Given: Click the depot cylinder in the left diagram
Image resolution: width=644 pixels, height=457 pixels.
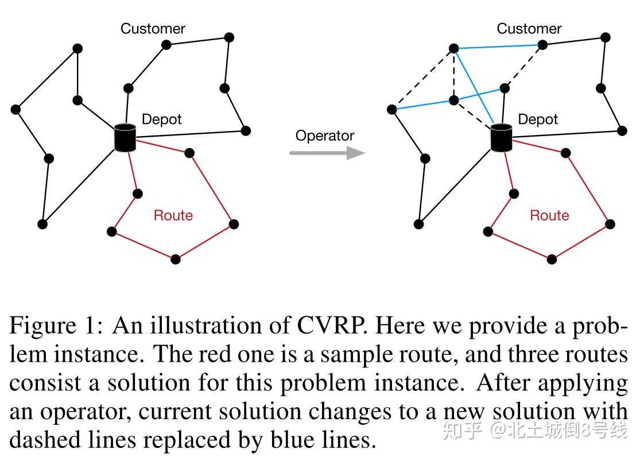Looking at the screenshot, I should [x=125, y=138].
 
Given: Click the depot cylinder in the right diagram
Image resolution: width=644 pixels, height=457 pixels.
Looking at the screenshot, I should [x=501, y=138].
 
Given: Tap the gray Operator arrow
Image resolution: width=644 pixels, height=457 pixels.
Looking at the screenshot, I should [x=327, y=153].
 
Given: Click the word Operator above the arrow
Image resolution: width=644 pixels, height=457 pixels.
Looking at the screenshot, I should [x=325, y=136].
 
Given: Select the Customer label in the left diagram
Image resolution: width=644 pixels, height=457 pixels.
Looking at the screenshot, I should [x=153, y=29].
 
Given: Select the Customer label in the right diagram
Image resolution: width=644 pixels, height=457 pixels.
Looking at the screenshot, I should [x=529, y=29].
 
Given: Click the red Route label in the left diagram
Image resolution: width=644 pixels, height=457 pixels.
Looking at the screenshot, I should [x=173, y=215].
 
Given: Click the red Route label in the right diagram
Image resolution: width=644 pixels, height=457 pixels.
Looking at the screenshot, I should [x=549, y=215].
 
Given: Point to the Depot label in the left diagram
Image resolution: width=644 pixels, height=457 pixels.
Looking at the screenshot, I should [x=161, y=119].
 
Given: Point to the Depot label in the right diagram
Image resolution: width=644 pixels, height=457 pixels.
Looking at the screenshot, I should [x=538, y=119].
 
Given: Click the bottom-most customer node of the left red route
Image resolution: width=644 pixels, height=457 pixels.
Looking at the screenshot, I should [x=176, y=260].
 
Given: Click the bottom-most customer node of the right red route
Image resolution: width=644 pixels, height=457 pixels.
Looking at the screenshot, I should [x=552, y=260].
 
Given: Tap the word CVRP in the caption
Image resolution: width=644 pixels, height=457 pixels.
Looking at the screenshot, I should [x=331, y=326].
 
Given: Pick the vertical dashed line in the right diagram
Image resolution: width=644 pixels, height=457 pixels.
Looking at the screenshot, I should [x=453, y=75].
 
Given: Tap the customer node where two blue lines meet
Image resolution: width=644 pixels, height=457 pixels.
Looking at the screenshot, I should [x=453, y=49].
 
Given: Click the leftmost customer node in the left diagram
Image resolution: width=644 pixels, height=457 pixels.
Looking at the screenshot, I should [x=15, y=109].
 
